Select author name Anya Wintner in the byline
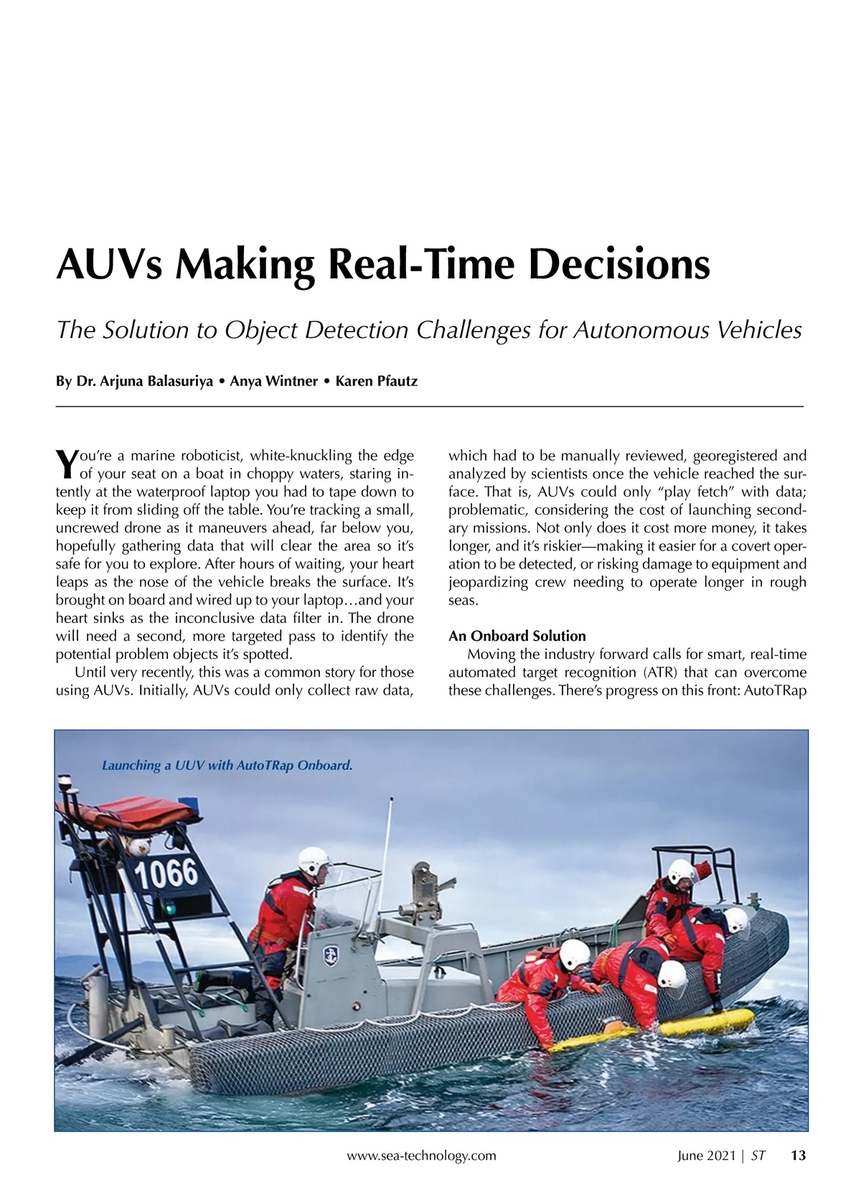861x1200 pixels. tap(273, 381)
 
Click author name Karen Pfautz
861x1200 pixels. tap(376, 381)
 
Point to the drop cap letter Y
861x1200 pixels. tap(65, 464)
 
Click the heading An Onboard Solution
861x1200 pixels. tap(517, 636)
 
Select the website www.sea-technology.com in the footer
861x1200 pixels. tap(421, 1156)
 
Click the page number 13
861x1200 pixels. tap(798, 1156)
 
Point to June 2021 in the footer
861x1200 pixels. tap(707, 1156)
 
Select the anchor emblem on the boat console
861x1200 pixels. tap(331, 954)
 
